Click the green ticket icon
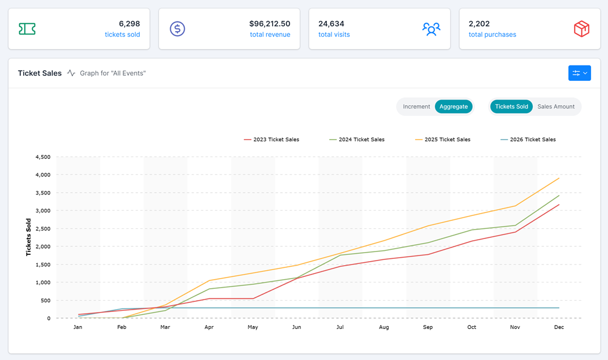27,29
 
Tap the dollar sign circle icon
178,29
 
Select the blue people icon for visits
431,29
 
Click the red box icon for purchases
581,29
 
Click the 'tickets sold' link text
122,34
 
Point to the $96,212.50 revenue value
269,24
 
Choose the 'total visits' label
334,34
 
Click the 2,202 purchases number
479,24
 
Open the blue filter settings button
579,73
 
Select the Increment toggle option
416,106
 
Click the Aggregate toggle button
454,106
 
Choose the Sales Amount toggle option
555,106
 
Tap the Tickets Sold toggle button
511,106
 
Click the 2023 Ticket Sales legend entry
271,140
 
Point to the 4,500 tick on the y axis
43,157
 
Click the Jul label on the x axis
340,327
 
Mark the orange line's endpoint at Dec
559,179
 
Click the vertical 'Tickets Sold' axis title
28,237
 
